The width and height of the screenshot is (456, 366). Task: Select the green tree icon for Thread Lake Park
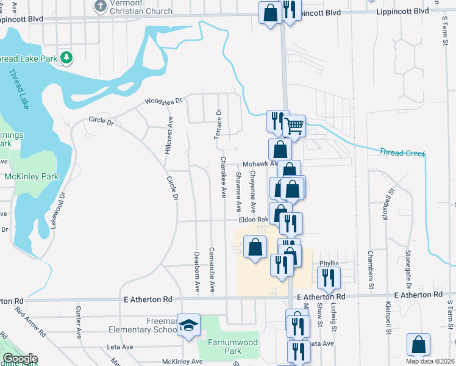coord(66,59)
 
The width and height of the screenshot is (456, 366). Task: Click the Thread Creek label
coord(401,152)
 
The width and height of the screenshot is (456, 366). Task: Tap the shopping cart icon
coord(295,126)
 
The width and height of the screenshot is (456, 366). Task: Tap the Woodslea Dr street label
coord(163,102)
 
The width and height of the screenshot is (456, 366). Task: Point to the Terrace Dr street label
coord(218,124)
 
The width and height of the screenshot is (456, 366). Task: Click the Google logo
coord(20,359)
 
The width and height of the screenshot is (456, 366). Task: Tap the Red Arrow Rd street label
coord(30,323)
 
